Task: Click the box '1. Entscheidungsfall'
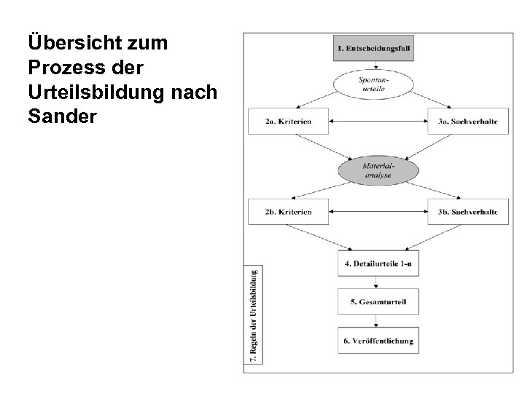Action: [x=378, y=48]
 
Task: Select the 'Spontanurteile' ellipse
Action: [x=378, y=84]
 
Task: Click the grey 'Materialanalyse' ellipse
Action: [x=378, y=170]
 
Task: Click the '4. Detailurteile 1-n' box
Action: [x=378, y=263]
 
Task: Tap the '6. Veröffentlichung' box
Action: [x=378, y=340]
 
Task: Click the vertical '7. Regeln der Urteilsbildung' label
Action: [x=252, y=314]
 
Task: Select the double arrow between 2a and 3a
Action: [x=378, y=121]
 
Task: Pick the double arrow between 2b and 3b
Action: [x=378, y=212]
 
